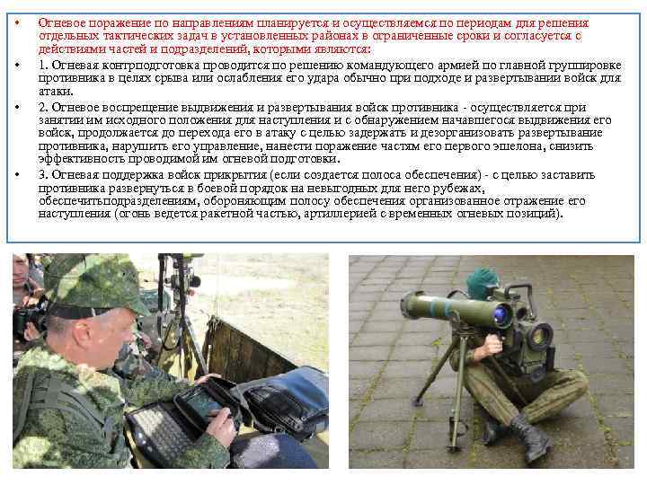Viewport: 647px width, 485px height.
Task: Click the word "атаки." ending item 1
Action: (56, 92)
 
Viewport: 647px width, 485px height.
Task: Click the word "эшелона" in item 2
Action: (516, 146)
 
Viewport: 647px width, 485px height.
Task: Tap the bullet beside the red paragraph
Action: (17, 22)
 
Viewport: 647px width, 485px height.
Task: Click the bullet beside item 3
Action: (17, 174)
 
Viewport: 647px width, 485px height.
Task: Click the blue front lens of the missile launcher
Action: (503, 316)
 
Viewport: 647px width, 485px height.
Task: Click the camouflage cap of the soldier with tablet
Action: (95, 286)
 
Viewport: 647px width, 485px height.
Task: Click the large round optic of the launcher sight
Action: (540, 336)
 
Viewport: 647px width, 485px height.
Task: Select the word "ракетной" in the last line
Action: (226, 214)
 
